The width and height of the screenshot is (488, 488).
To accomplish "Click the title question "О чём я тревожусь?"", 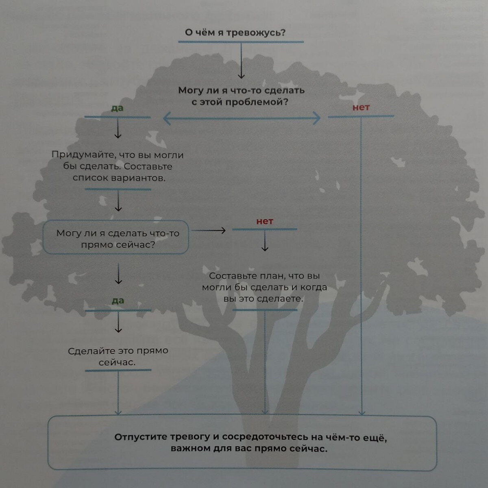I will coord(235,33).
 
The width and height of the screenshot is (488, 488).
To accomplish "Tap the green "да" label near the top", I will coord(117,109).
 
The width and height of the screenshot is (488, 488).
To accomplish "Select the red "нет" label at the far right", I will coord(361,108).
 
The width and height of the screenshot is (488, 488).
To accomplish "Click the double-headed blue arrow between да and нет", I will coord(242,118).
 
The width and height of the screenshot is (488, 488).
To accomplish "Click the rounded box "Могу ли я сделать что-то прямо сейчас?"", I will coord(116,237).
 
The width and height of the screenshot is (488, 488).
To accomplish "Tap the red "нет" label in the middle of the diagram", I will coord(265,222).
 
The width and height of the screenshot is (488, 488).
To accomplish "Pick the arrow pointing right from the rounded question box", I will coord(209,231).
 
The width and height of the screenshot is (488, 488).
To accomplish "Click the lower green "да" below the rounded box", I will coord(118,301).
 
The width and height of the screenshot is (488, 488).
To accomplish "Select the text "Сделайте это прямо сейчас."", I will coord(118,356).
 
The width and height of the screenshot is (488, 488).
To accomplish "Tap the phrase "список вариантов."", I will coord(119,178).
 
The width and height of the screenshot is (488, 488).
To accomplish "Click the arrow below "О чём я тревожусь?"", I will coord(241,61).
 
